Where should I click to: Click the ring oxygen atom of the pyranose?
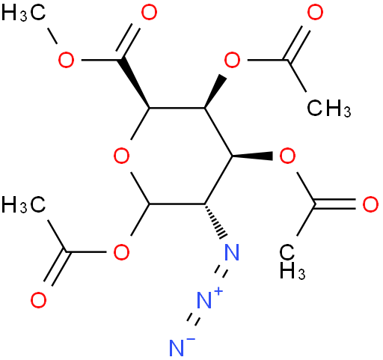(x=121, y=156)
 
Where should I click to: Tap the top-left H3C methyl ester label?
(x=24, y=13)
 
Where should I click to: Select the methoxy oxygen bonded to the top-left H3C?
(x=66, y=60)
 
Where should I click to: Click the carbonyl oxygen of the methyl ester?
(x=149, y=13)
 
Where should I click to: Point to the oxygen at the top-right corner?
(x=315, y=13)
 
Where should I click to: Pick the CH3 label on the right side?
(x=329, y=109)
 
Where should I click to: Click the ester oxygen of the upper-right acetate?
(x=232, y=60)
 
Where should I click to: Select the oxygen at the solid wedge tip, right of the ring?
(x=287, y=156)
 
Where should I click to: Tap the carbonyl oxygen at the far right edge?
(x=370, y=204)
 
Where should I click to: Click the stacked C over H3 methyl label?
(x=292, y=261)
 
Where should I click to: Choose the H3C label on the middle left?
(x=24, y=204)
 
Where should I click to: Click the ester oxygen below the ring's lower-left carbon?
(x=121, y=252)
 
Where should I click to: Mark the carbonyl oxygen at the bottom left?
(x=38, y=300)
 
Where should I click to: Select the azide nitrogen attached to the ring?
(x=232, y=252)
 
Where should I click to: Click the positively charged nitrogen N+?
(x=204, y=300)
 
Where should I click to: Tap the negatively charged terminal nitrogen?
(x=177, y=348)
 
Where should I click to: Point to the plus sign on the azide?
(x=218, y=291)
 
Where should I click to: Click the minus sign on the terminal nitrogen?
(x=191, y=339)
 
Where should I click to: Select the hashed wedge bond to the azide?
(x=215, y=221)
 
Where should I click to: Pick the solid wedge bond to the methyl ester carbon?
(x=135, y=83)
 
